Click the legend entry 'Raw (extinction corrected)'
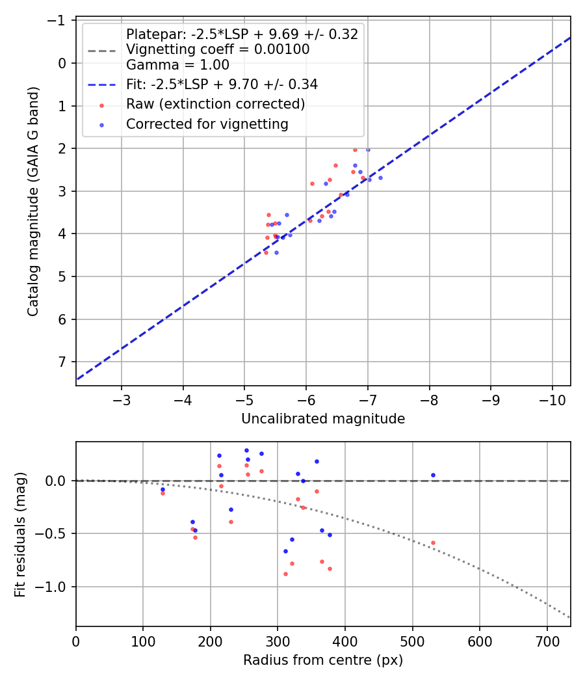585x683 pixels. (215, 104)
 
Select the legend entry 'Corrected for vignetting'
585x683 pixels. (207, 124)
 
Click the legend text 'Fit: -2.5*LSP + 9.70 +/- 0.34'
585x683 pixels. (222, 85)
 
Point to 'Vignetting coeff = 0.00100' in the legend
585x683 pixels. (218, 49)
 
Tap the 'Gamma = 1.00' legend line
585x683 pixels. (177, 65)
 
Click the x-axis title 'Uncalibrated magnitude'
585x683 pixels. (323, 419)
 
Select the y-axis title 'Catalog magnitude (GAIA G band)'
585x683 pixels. (33, 202)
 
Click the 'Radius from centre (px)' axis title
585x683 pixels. (323, 660)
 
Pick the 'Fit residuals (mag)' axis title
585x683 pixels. (20, 534)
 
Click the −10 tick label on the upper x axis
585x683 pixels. (552, 399)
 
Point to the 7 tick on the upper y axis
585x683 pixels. (63, 362)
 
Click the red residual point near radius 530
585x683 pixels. (433, 542)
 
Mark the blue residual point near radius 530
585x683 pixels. (433, 475)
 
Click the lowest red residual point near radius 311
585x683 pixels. (285, 574)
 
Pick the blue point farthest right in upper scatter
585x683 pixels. (380, 178)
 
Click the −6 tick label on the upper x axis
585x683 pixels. (306, 399)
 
